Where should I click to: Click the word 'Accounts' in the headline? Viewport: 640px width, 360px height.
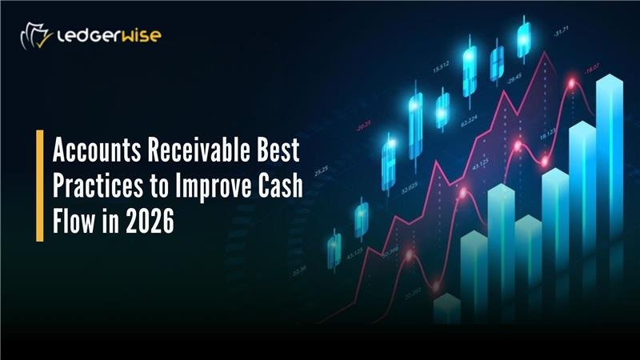[89, 150]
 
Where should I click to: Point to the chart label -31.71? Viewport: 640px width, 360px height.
[559, 33]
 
